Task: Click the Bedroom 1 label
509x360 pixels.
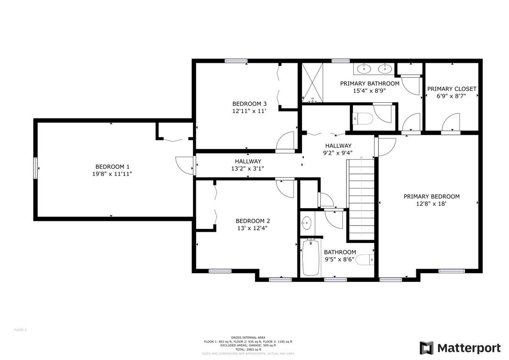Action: pos(112,167)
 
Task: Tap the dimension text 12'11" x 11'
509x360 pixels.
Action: pos(249,111)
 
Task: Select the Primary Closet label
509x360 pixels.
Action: pos(451,89)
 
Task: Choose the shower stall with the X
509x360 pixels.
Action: pos(313,83)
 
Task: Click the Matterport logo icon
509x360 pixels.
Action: pos(427,348)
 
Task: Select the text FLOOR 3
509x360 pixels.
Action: pos(20,329)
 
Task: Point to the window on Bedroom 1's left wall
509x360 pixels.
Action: pos(36,168)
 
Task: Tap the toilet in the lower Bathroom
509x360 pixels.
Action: pos(364,259)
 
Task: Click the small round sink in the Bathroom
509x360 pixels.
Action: pos(307,222)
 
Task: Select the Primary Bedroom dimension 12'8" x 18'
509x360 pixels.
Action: pos(431,204)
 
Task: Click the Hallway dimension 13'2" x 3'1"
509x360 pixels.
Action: pos(248,168)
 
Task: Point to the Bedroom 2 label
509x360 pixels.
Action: pos(253,220)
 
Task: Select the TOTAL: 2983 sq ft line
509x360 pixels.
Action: pos(248,349)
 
